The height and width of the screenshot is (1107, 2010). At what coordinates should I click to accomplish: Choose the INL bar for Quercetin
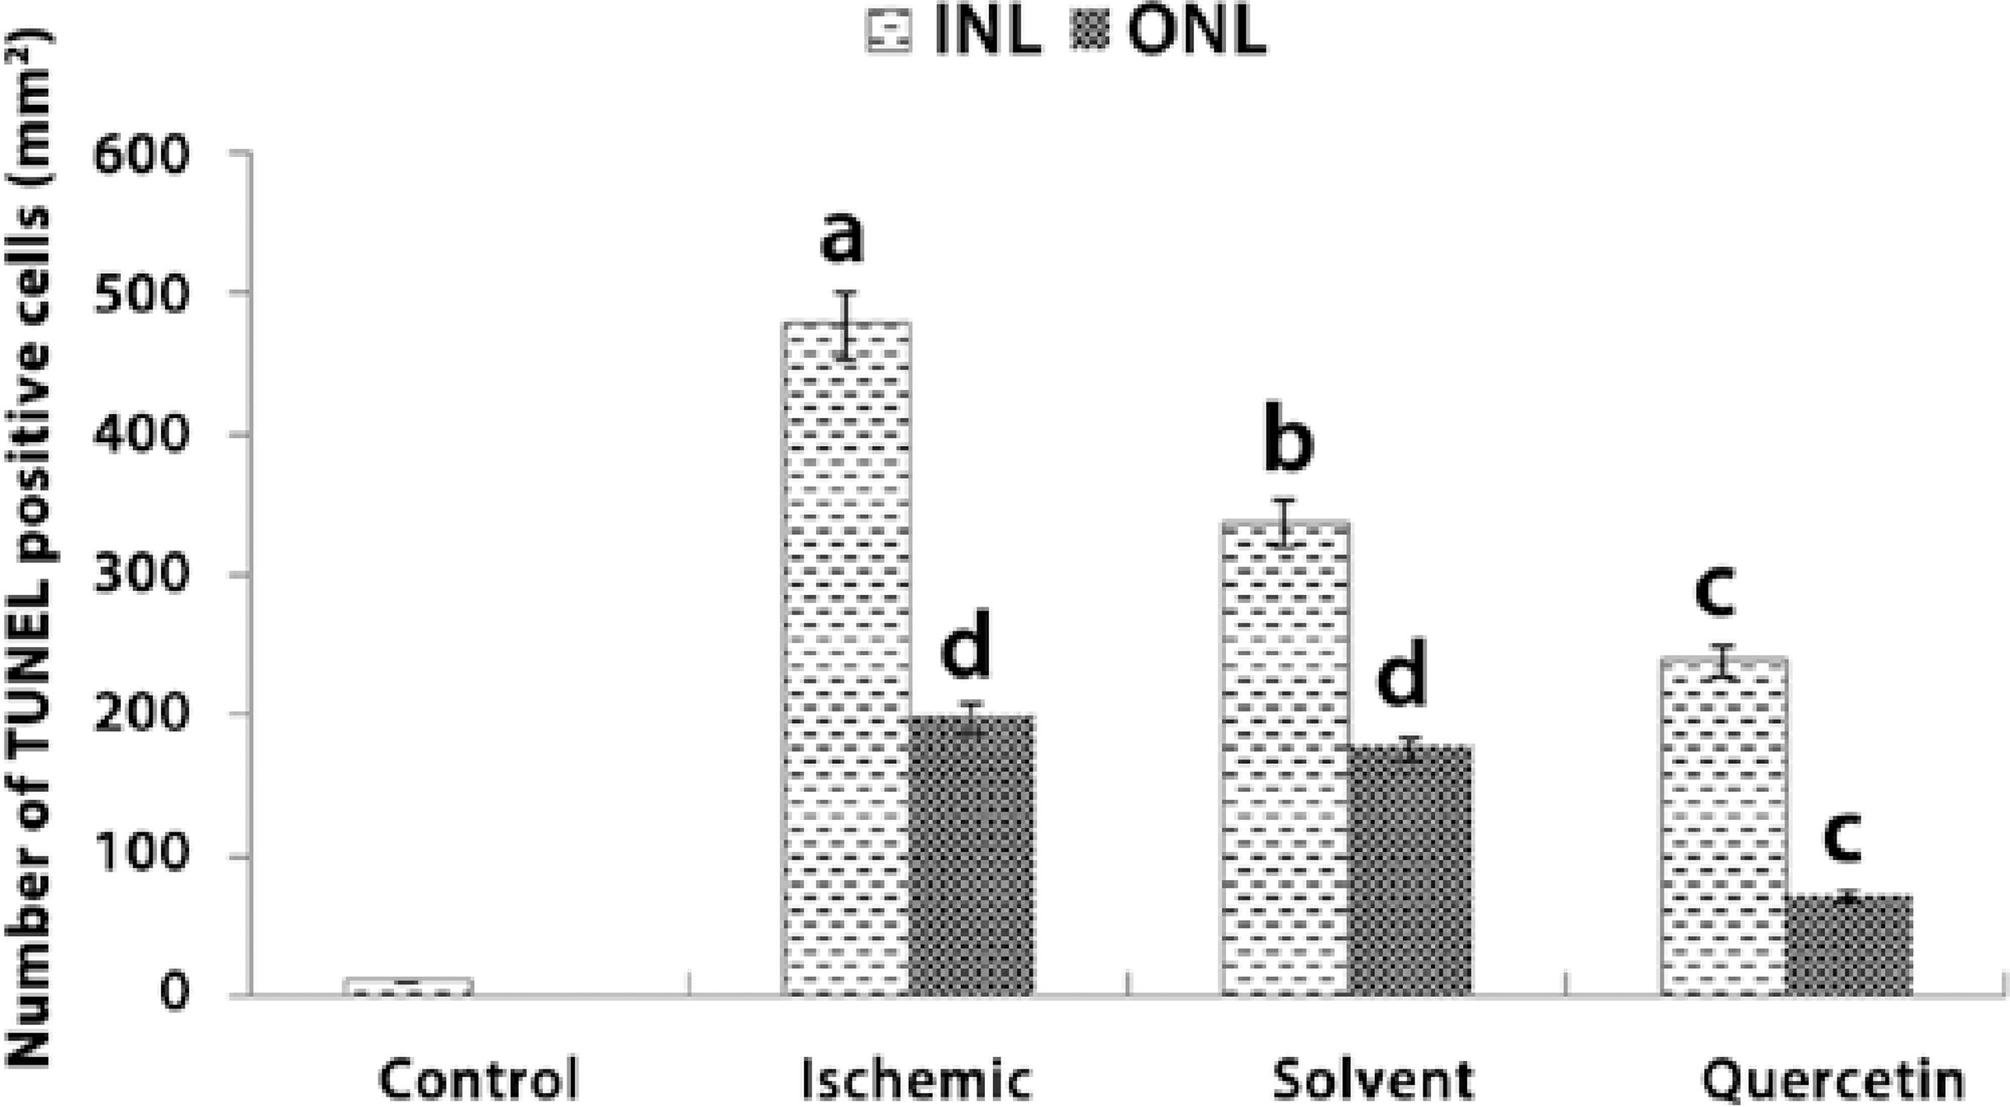coord(1723,827)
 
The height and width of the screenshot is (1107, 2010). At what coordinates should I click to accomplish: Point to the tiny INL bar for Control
coord(409,988)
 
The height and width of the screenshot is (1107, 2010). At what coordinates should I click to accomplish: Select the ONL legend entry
coord(1170,33)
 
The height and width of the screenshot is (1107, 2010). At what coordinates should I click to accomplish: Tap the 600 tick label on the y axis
coord(141,156)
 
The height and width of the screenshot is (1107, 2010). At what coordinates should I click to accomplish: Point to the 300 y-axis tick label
coord(141,575)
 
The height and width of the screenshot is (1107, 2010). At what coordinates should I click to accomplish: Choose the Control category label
coord(479,1079)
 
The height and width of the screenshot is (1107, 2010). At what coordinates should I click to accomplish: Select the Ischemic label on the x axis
coord(917,1079)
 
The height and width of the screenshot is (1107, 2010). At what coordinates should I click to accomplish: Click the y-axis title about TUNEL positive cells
coord(31,546)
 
